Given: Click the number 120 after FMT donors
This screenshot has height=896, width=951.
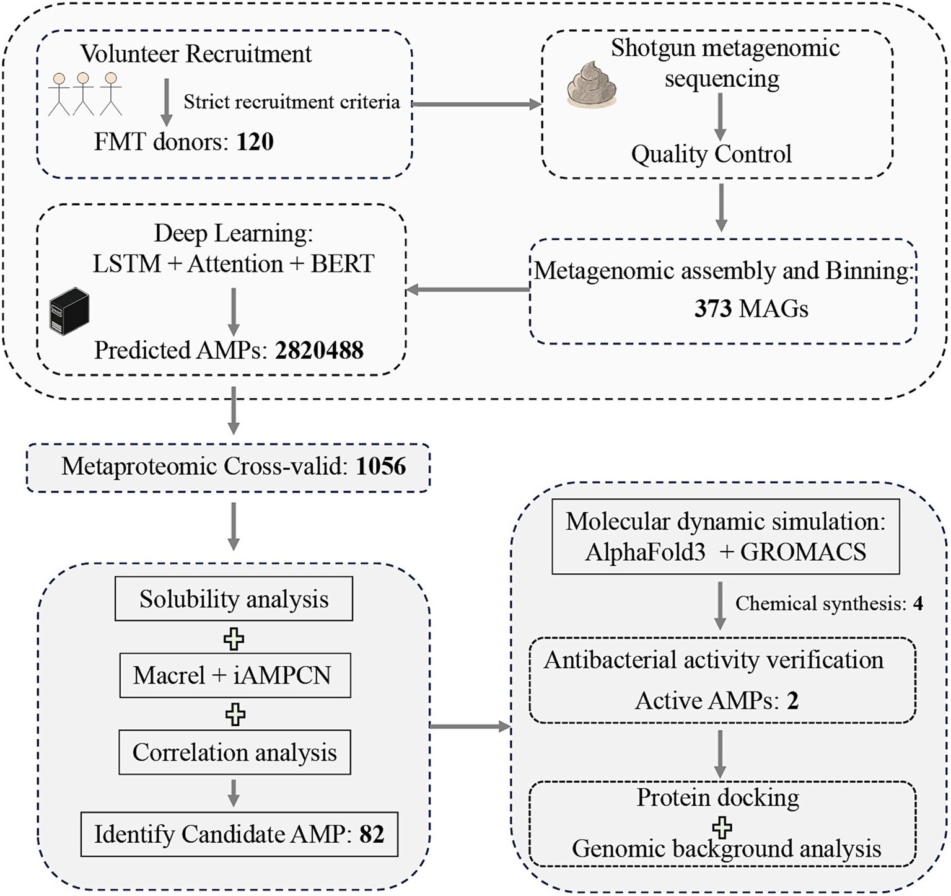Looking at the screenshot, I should click(x=255, y=142).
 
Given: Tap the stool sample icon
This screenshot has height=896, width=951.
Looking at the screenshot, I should click(x=591, y=83).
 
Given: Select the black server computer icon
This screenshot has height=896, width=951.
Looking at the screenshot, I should click(x=69, y=311).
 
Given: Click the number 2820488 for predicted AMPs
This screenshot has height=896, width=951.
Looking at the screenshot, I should click(x=320, y=351).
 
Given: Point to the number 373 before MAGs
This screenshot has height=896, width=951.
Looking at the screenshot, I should click(x=712, y=308).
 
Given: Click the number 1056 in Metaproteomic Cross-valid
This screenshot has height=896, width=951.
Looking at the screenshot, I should click(x=381, y=467).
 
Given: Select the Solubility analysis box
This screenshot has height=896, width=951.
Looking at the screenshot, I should click(x=234, y=599).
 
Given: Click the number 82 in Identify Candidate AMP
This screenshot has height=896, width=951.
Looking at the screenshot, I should click(x=372, y=834).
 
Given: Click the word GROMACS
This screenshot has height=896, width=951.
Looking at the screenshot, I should click(x=803, y=551).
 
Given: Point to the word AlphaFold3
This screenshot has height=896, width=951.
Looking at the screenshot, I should click(x=645, y=551).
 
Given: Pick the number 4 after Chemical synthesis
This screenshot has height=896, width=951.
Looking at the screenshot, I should click(x=918, y=604).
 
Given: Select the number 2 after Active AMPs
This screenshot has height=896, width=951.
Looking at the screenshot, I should click(x=792, y=701).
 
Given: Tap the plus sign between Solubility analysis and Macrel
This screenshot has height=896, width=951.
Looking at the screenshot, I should click(x=234, y=639).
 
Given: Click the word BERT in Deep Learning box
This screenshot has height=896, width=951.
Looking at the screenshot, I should click(x=343, y=264).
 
